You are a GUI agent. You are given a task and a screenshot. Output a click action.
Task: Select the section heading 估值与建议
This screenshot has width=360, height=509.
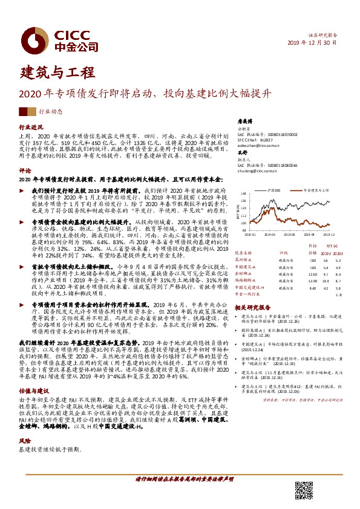tap(34, 375)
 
